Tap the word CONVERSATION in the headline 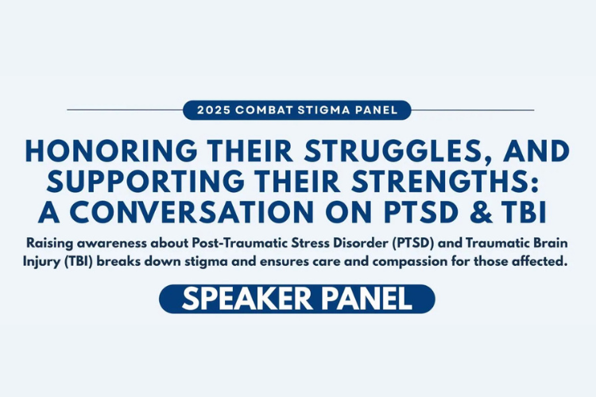pyautogui.click(x=192, y=212)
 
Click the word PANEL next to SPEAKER pyautogui.click(x=367, y=299)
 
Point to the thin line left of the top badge pyautogui.click(x=125, y=110)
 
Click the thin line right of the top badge pyautogui.click(x=473, y=110)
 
